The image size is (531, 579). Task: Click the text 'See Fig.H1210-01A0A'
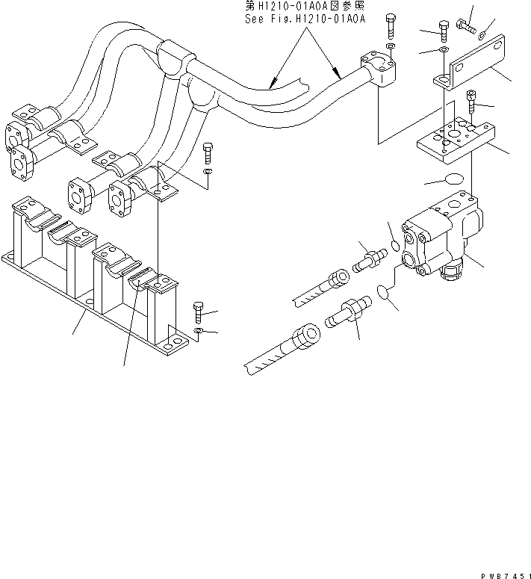[x=305, y=19]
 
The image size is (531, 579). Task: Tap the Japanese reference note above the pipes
[x=305, y=7]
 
